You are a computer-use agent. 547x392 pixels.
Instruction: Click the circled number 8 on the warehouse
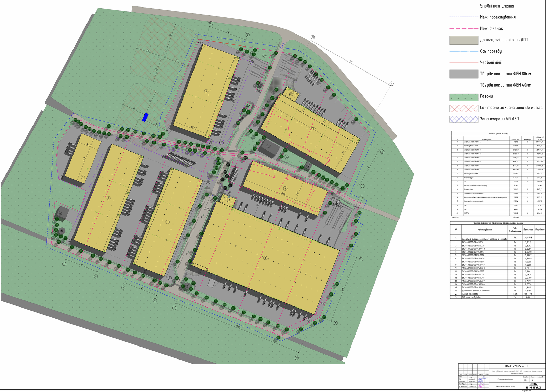[206, 91]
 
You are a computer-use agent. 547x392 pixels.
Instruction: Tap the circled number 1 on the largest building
[265, 258]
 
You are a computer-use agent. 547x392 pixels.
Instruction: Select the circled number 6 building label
[285, 188]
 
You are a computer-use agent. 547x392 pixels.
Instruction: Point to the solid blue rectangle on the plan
[145, 117]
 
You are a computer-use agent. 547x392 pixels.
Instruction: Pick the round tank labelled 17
[62, 231]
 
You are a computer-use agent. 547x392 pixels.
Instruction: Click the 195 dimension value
[351, 62]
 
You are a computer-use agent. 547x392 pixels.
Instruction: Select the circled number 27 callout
[296, 358]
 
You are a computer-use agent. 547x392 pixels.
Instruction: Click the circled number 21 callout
[312, 37]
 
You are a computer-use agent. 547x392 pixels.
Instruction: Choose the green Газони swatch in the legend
[464, 97]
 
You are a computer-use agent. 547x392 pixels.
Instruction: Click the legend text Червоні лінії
[491, 62]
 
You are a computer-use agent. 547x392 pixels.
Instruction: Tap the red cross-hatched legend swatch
[464, 108]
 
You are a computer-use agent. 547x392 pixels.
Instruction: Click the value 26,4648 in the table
[528, 237]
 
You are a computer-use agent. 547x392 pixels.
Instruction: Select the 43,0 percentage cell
[528, 297]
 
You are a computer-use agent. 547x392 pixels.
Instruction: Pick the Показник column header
[528, 230]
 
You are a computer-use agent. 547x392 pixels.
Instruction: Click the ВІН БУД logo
[533, 387]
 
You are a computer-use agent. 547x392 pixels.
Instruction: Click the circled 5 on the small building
[83, 177]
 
